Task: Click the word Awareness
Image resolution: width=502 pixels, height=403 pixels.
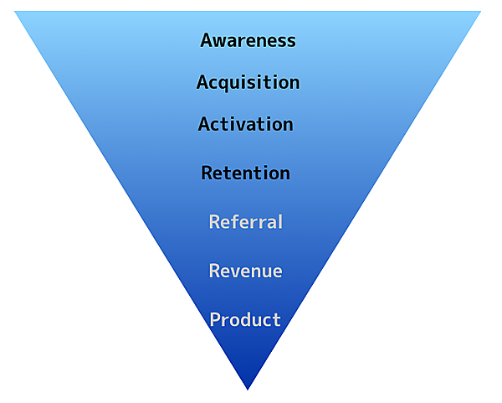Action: (x=248, y=40)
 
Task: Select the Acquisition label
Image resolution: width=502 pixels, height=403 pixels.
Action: (x=248, y=83)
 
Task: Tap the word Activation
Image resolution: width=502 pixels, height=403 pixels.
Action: (x=245, y=125)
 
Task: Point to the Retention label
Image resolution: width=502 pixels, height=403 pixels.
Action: (x=245, y=173)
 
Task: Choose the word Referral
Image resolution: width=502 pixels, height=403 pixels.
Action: (x=245, y=222)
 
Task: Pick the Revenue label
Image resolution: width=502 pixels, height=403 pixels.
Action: (x=245, y=271)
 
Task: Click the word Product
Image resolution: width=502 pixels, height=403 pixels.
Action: (x=245, y=320)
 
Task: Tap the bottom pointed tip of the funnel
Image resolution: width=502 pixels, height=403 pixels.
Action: (x=248, y=387)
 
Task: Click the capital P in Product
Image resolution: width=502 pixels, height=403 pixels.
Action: (x=215, y=320)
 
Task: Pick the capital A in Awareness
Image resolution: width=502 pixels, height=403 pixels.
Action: (x=207, y=40)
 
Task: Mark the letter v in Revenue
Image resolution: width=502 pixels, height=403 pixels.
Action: (x=239, y=271)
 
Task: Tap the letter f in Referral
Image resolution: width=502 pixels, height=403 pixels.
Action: (x=238, y=222)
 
